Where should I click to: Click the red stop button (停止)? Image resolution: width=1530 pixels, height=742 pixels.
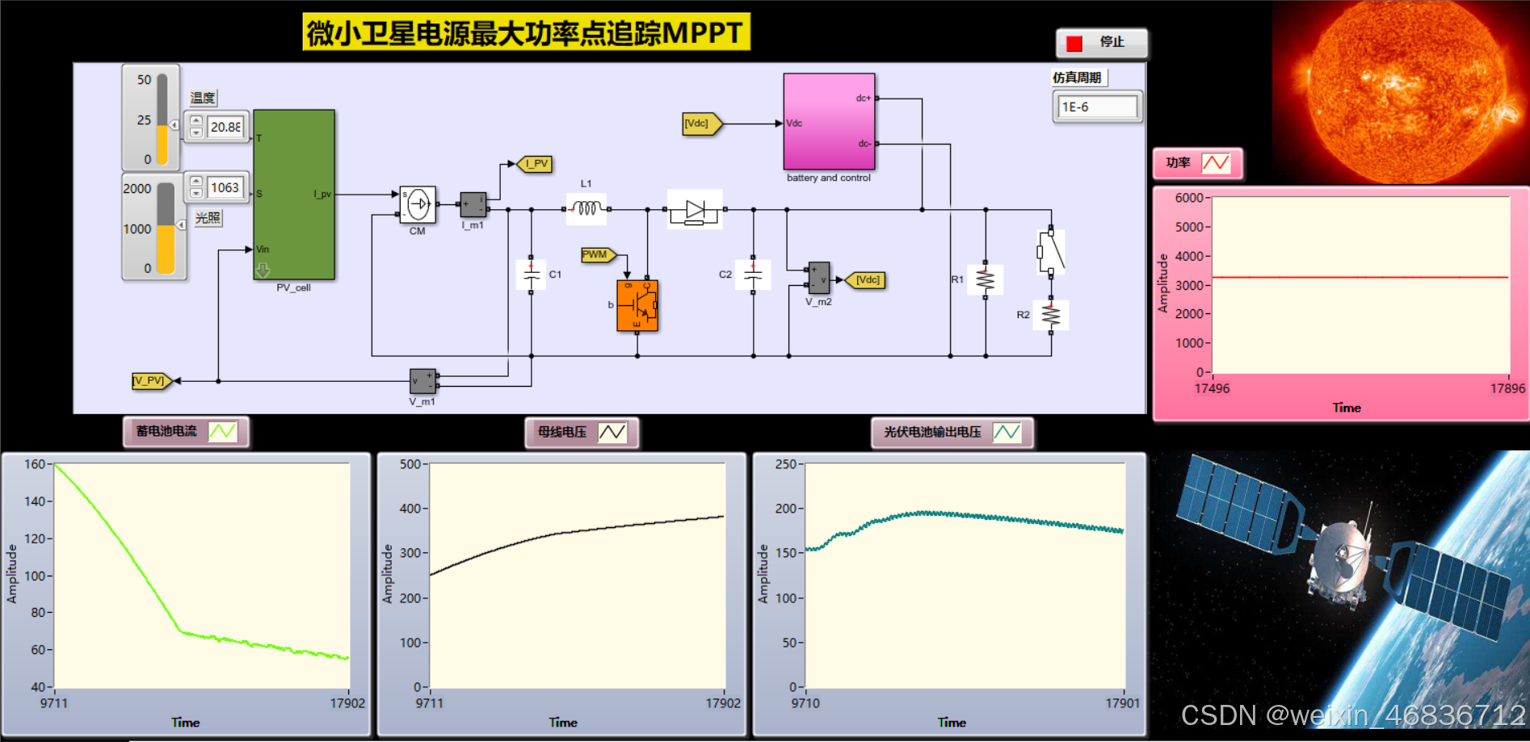[x=1100, y=43]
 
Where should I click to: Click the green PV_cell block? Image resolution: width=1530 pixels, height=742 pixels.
[x=294, y=194]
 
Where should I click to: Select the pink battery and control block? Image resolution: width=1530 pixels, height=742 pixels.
[x=829, y=121]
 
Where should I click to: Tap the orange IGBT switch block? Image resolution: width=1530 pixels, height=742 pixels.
[x=637, y=305]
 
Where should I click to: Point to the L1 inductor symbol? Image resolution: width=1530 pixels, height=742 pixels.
[x=586, y=208]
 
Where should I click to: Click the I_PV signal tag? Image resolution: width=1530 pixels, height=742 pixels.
[x=535, y=164]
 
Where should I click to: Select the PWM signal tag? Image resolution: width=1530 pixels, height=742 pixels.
[x=597, y=255]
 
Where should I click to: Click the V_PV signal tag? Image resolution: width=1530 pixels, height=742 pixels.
[x=151, y=380]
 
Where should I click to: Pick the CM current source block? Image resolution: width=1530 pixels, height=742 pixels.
[x=418, y=205]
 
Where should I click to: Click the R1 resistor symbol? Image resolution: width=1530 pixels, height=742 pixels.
[x=985, y=280]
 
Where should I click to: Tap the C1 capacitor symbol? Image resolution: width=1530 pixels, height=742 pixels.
[x=531, y=275]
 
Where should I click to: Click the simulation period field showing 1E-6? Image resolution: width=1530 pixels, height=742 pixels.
[x=1097, y=107]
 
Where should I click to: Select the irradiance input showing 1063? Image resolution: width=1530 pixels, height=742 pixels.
[x=225, y=187]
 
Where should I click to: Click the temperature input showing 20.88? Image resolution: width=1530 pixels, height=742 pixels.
[x=225, y=127]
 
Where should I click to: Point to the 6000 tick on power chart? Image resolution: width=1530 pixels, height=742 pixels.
[x=1189, y=198]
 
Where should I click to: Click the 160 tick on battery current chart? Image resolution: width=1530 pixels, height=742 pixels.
[x=35, y=464]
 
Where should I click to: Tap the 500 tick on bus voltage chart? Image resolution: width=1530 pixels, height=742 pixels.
[x=410, y=464]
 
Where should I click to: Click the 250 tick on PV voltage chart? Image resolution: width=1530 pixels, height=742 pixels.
[x=785, y=464]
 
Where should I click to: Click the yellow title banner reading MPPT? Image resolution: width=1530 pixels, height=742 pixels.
[x=526, y=33]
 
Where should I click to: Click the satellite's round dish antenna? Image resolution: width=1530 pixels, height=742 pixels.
[x=1342, y=553]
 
